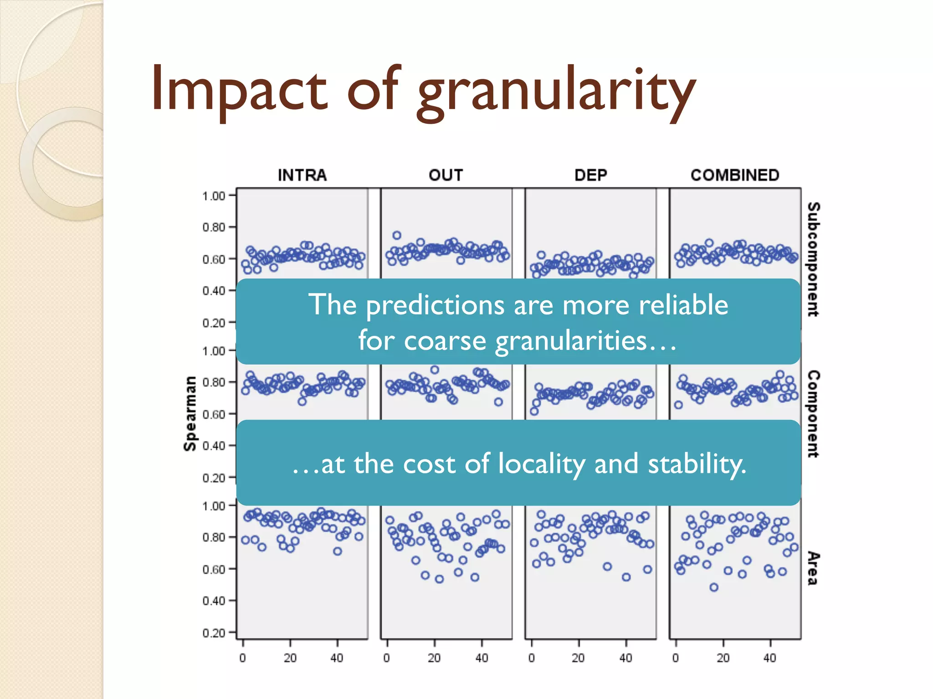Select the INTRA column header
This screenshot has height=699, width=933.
click(x=302, y=175)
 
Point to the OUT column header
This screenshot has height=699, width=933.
click(x=446, y=175)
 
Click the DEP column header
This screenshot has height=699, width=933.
click(x=590, y=175)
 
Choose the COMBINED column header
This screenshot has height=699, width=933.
click(x=735, y=175)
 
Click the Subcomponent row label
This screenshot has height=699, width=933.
click(x=813, y=259)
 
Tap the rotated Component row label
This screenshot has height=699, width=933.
click(x=813, y=414)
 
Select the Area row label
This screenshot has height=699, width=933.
click(x=813, y=568)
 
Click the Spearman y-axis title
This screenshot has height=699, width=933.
click(x=190, y=414)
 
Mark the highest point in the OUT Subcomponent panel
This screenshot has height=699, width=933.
click(x=397, y=235)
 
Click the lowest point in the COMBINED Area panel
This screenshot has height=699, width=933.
click(x=714, y=588)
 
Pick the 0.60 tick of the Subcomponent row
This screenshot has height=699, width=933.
click(x=214, y=259)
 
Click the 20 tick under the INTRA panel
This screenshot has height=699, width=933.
click(x=290, y=658)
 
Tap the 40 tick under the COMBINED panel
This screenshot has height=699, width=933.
click(x=770, y=658)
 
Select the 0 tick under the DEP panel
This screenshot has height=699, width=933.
click(x=532, y=658)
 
